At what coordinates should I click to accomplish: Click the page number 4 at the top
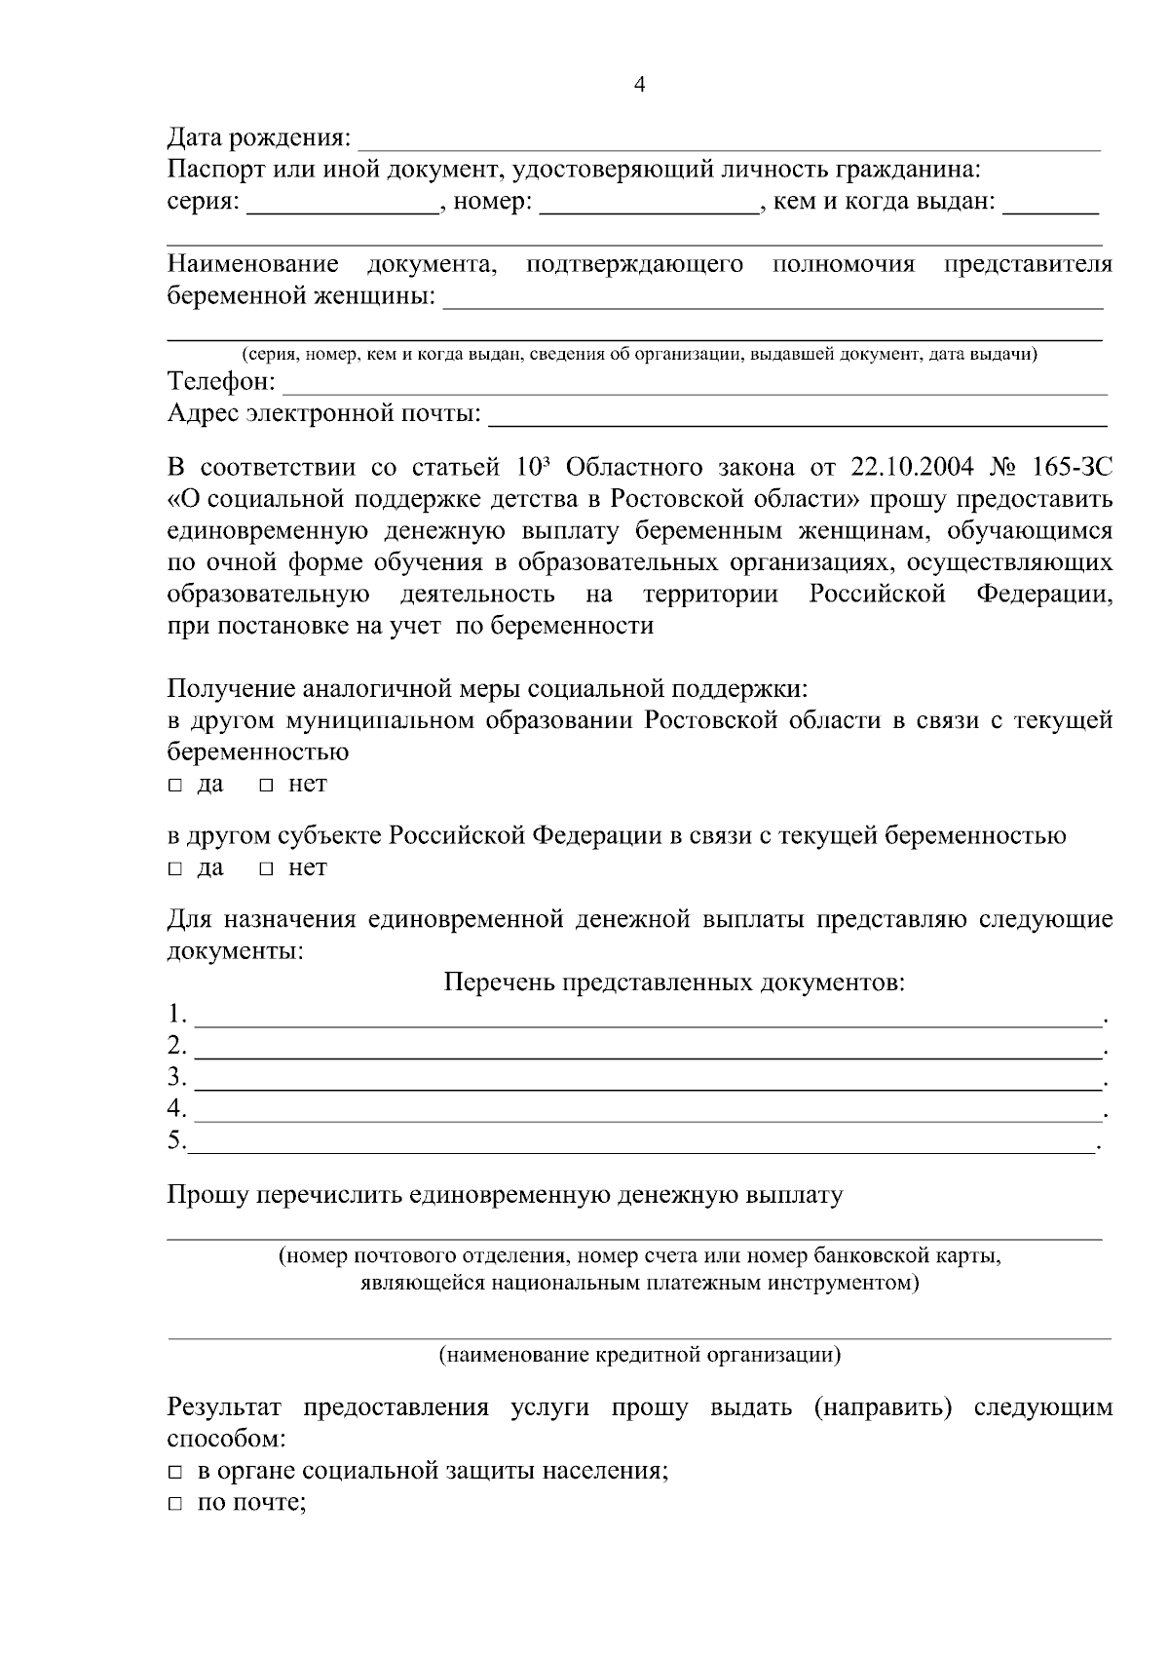coord(639,85)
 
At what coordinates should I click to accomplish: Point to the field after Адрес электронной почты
coord(797,417)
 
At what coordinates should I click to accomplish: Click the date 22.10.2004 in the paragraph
coord(912,467)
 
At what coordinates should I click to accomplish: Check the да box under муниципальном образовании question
coord(174,786)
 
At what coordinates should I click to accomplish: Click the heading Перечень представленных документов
coord(674,981)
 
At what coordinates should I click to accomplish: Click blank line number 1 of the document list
coord(647,1018)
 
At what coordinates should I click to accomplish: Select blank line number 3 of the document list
coord(647,1080)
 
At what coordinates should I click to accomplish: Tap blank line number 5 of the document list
coord(643,1142)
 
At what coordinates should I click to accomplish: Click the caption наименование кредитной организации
coord(640,1355)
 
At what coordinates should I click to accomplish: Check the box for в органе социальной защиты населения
coord(174,1473)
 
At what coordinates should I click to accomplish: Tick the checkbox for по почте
coord(174,1505)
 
